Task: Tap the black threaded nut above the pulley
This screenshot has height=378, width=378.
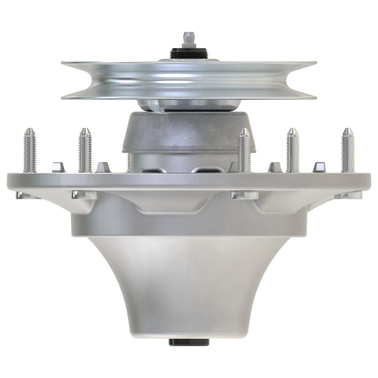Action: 188,53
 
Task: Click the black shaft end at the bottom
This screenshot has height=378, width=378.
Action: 188,342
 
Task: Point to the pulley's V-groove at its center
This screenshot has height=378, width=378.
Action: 188,81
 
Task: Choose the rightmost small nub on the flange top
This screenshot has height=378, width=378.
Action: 319,167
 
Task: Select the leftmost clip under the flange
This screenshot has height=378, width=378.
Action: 21,194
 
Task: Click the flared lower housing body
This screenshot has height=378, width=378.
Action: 188,286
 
